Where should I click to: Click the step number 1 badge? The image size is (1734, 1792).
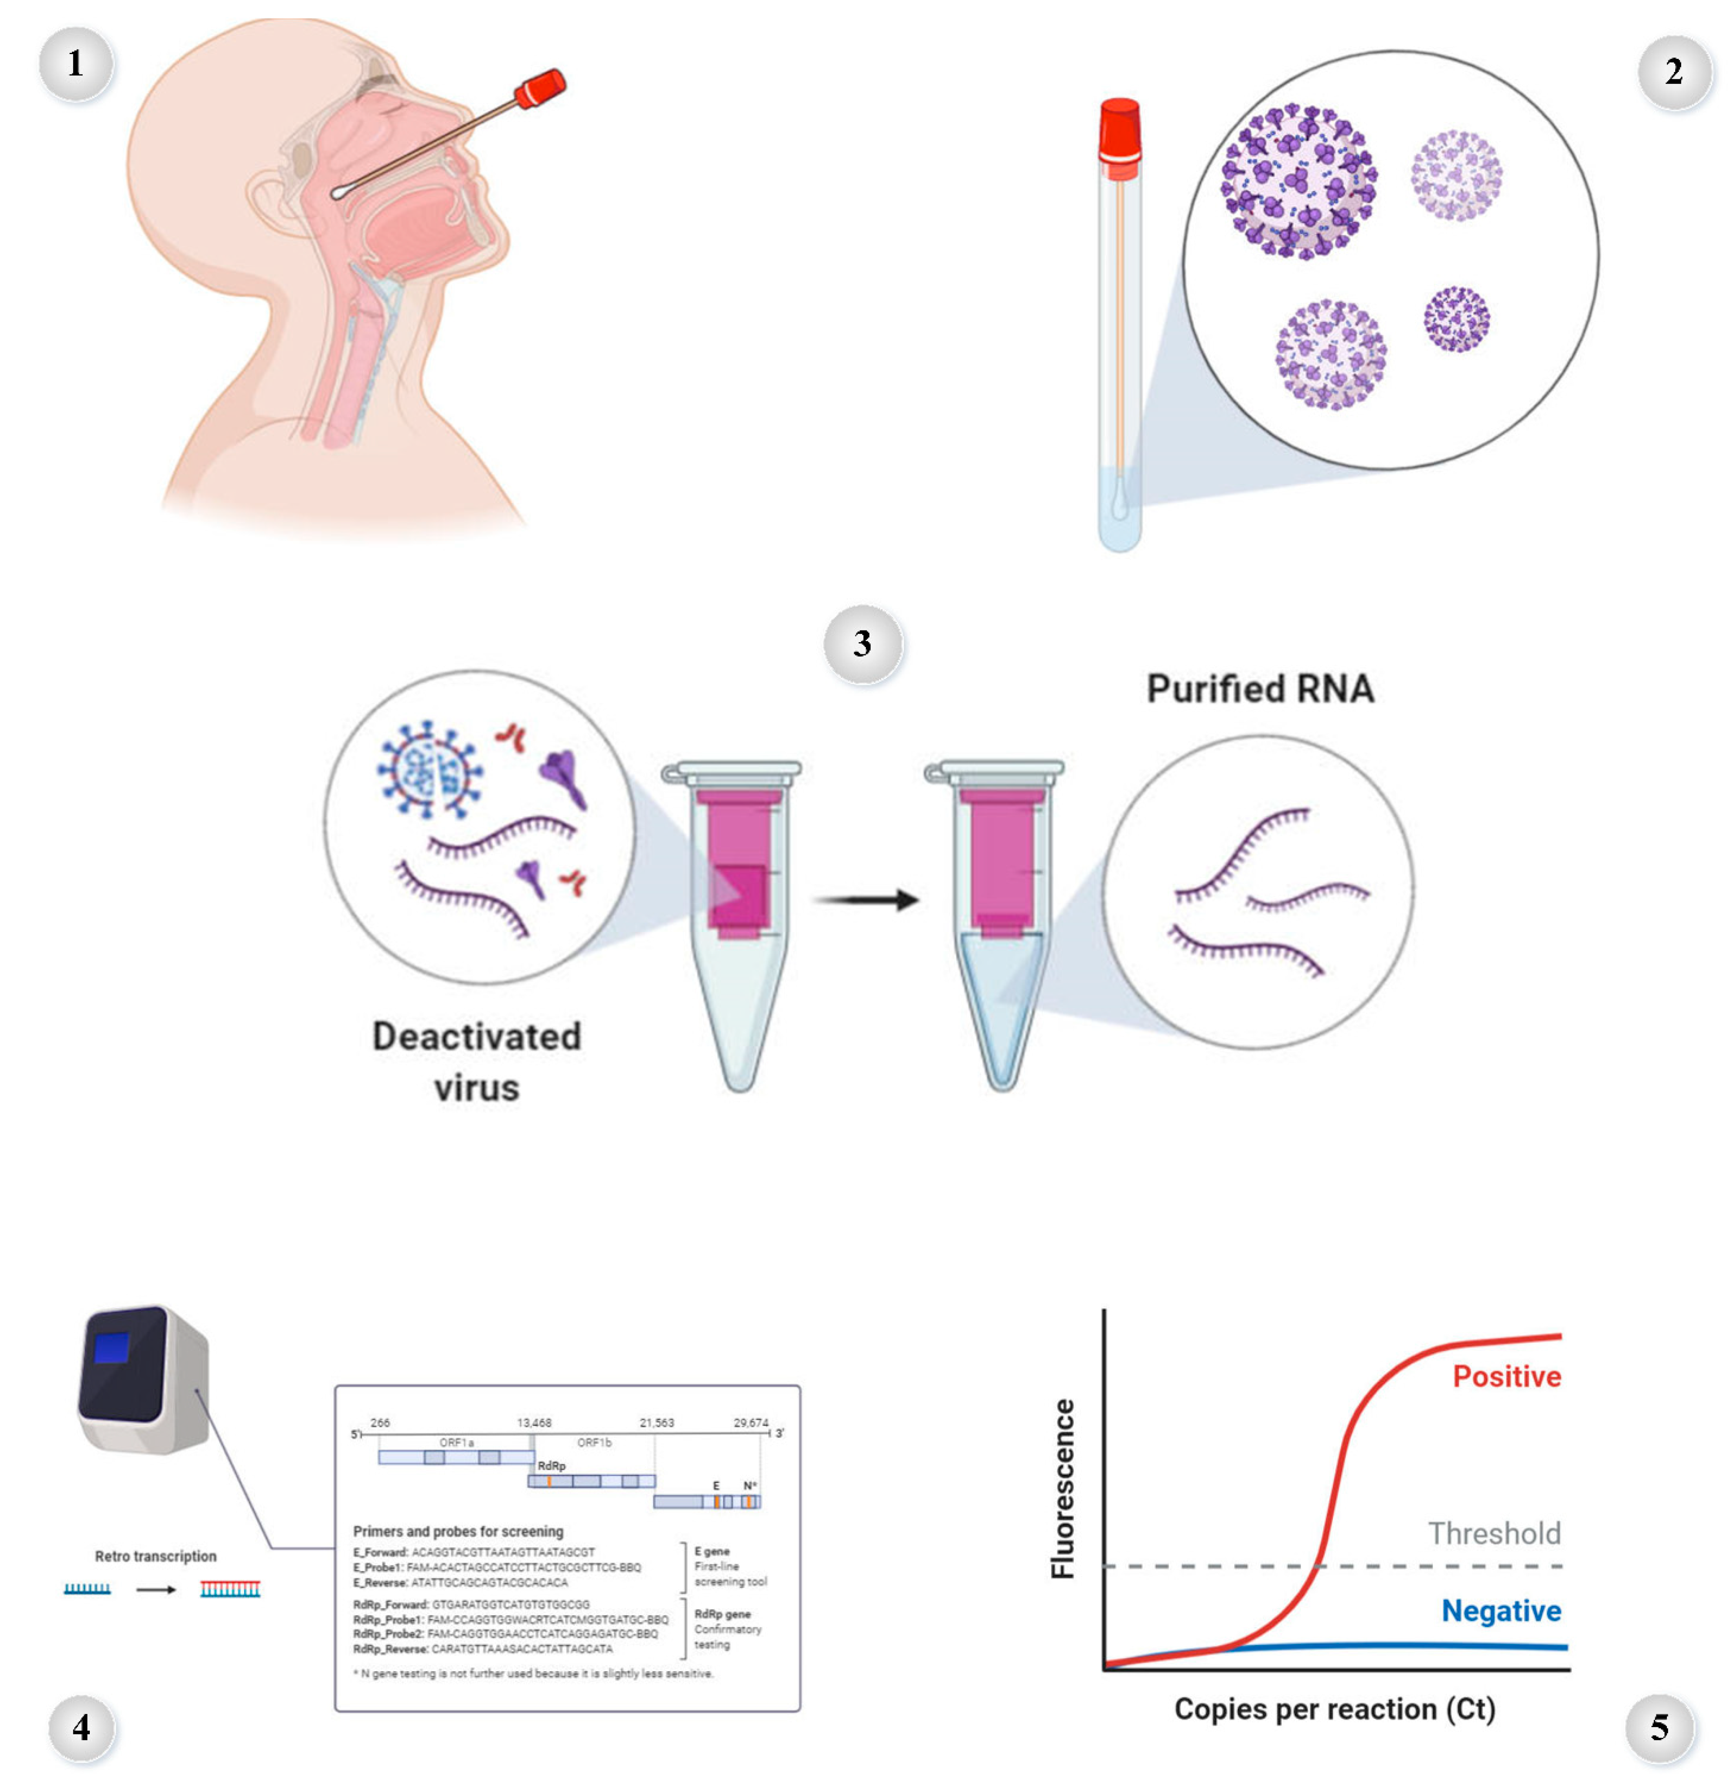tap(76, 64)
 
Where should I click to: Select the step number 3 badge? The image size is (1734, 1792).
tap(862, 644)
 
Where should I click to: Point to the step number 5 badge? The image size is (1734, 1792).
tap(1659, 1727)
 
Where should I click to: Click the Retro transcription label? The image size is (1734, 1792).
tap(155, 1556)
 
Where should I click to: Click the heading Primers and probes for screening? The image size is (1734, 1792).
tap(458, 1532)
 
